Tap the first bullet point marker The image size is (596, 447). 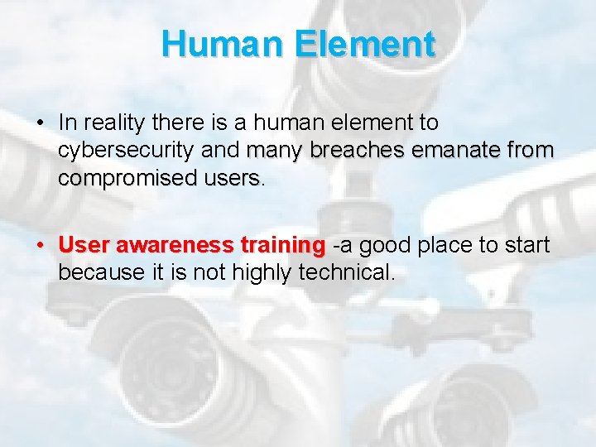[39, 123]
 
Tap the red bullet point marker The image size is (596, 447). [39, 246]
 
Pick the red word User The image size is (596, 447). [84, 246]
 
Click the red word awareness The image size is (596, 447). [175, 246]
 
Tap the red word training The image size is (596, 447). [283, 246]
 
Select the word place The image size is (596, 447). [443, 246]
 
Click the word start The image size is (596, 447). [527, 246]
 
